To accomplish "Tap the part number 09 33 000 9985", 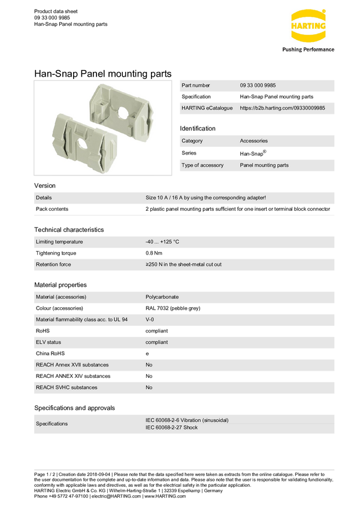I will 258,86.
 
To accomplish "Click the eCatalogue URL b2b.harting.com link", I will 282,108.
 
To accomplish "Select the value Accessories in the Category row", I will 254,141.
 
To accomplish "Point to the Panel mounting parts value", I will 264,165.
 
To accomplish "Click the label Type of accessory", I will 202,165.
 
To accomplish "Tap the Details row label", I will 44,198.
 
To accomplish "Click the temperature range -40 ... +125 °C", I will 162,242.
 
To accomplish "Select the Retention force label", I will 53,264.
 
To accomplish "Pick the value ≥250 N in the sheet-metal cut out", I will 183,264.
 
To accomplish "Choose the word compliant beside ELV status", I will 156,343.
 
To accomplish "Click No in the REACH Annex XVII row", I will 149,365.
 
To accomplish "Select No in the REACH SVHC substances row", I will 149,387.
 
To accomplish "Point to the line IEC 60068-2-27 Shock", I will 172,428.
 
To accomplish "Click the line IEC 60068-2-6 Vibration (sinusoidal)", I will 187,420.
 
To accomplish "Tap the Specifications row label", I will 52,424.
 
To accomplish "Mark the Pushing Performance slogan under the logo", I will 308,50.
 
